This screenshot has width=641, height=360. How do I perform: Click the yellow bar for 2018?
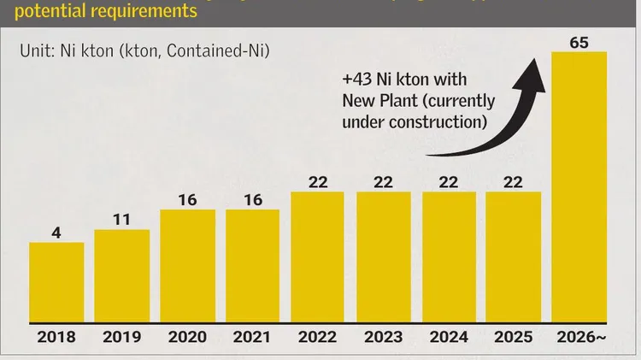coord(56,282)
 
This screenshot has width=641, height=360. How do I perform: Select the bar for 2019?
coord(122,276)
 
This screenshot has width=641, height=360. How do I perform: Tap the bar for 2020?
coord(187,266)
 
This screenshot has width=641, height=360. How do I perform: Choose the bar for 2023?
coord(383,257)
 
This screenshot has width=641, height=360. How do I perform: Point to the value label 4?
coord(56,231)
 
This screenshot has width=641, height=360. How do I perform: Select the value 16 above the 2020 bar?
coord(187,199)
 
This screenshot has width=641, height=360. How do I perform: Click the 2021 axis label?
coord(252,337)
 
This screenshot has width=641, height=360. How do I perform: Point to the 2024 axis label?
coord(448,337)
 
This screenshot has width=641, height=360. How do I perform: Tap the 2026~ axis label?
coord(580,337)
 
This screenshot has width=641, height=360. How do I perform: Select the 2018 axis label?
coord(56,337)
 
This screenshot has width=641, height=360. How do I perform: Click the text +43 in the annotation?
coord(360,80)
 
